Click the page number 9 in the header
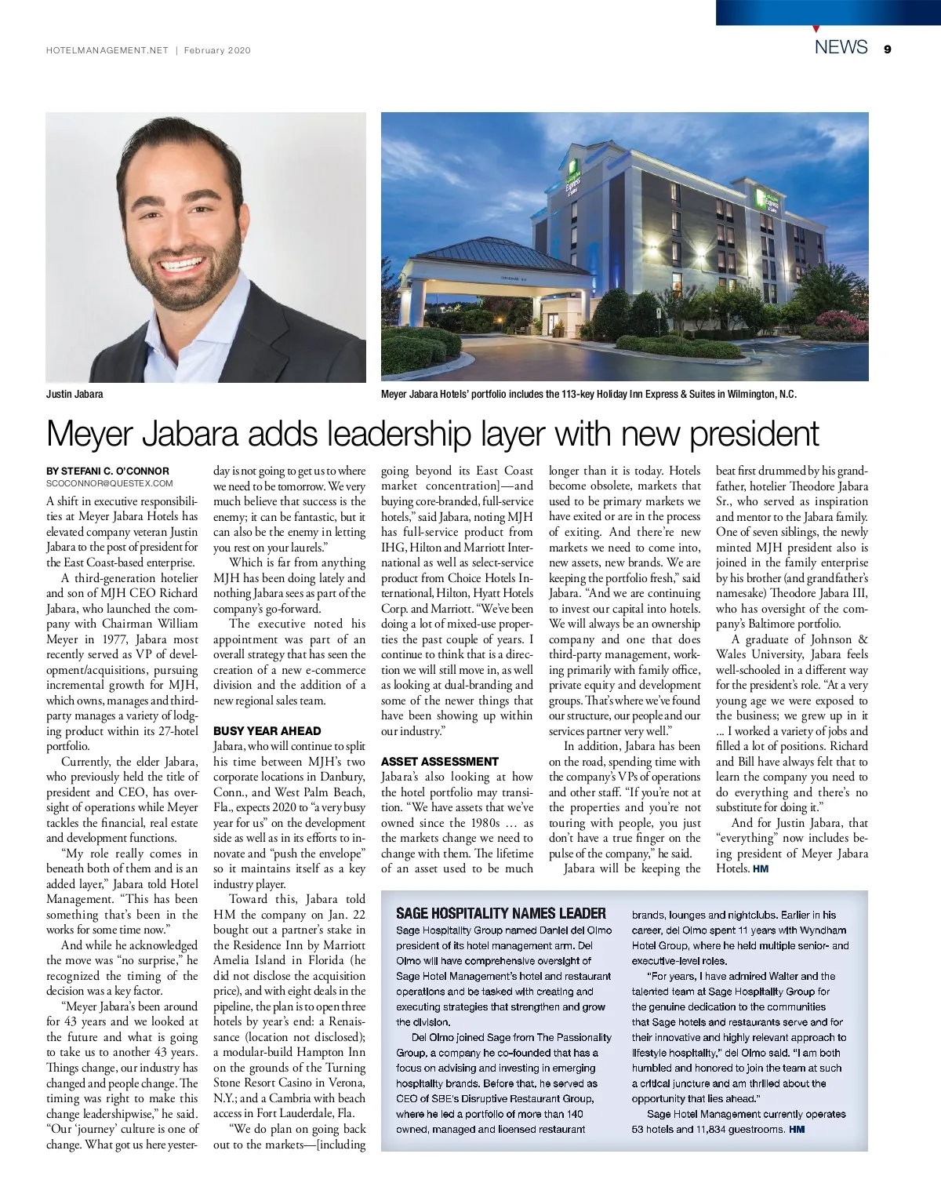pyautogui.click(x=887, y=49)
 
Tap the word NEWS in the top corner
pyautogui.click(x=841, y=47)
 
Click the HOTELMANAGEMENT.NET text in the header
pyautogui.click(x=107, y=50)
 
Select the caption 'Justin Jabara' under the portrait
pyautogui.click(x=74, y=394)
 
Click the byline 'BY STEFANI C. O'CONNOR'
pyautogui.click(x=107, y=471)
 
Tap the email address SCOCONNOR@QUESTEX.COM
pyautogui.click(x=110, y=483)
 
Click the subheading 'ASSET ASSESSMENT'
pyautogui.click(x=439, y=761)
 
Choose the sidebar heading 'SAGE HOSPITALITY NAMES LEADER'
pyautogui.click(x=500, y=913)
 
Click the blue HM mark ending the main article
pyautogui.click(x=760, y=869)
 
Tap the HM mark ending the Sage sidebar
pyautogui.click(x=797, y=1129)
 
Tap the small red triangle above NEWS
pyautogui.click(x=817, y=29)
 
